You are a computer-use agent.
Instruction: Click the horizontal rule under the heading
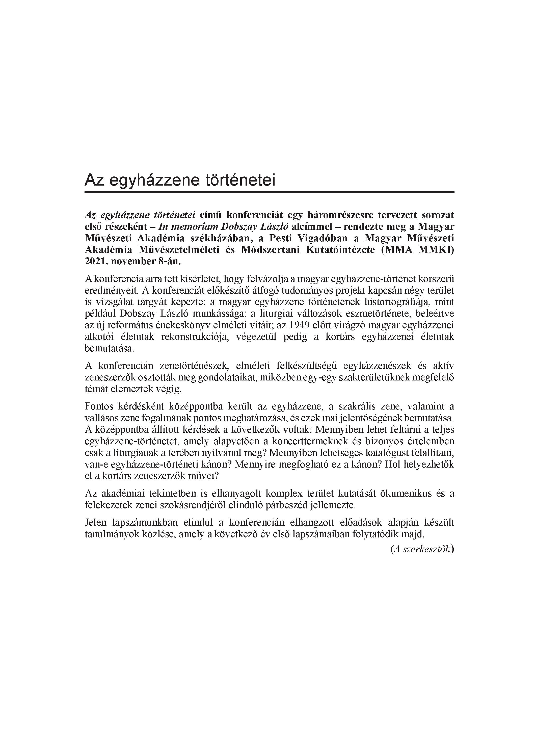(x=269, y=192)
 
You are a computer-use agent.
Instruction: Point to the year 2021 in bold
(x=95, y=262)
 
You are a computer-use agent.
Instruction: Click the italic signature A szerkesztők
(x=422, y=549)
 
